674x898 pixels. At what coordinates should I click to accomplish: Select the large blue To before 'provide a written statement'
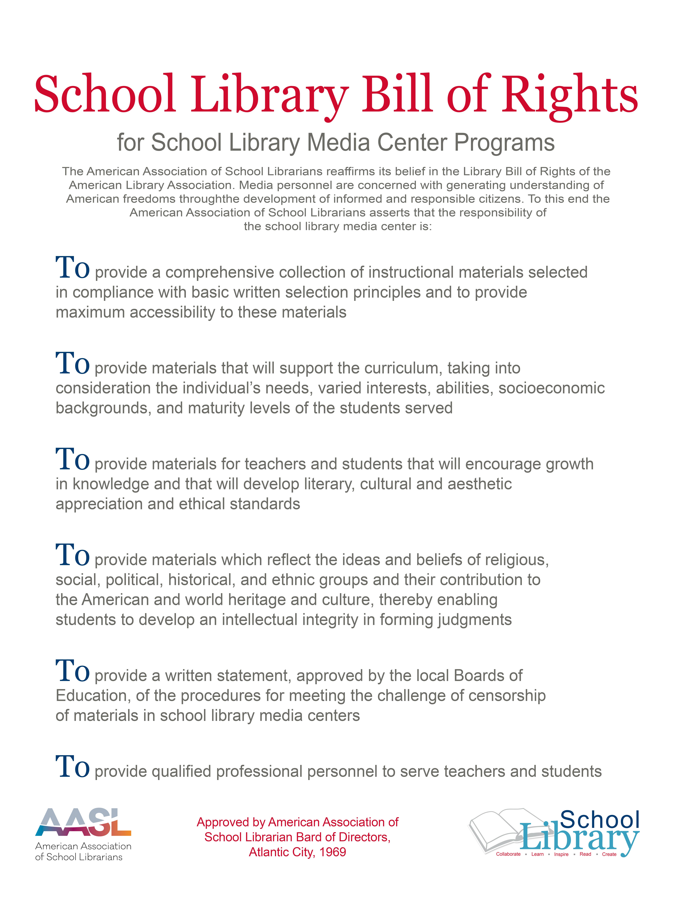coord(72,672)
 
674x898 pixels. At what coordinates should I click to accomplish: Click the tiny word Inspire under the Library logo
coord(561,854)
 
